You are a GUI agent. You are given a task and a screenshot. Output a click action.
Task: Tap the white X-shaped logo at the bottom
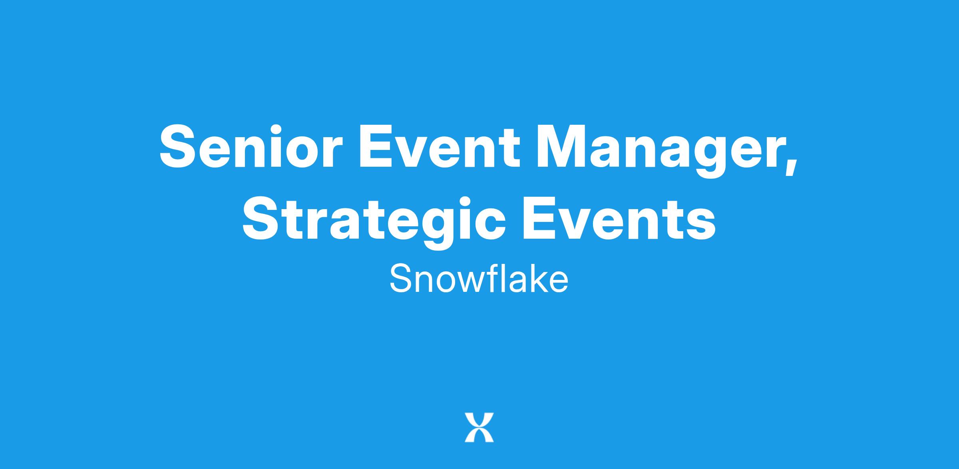479,428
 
